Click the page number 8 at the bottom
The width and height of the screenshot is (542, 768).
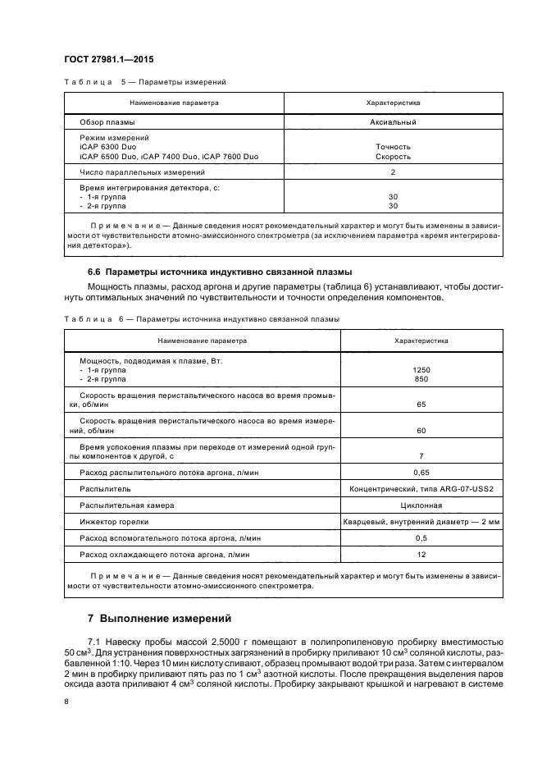66,701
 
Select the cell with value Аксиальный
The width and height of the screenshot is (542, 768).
393,122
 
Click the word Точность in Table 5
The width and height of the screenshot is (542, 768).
393,147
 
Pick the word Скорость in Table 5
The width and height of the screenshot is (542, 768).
393,156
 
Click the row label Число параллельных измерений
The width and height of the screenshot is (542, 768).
142,172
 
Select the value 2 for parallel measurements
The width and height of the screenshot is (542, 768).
393,172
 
